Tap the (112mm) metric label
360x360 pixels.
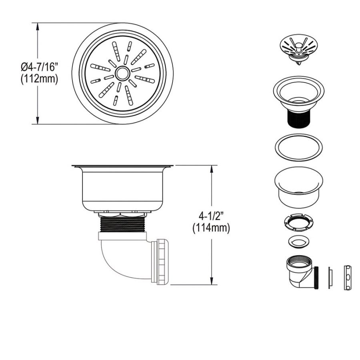(39, 79)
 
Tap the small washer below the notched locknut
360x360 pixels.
(298, 241)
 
